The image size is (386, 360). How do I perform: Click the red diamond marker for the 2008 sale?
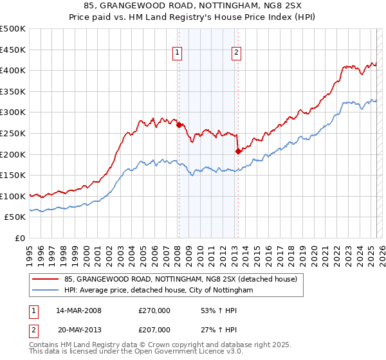point(179,125)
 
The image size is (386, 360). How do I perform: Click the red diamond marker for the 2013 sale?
point(238,151)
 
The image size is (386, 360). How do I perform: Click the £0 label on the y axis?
point(20,238)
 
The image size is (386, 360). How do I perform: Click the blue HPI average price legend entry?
point(158,291)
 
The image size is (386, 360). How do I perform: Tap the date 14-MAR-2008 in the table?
point(78,310)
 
